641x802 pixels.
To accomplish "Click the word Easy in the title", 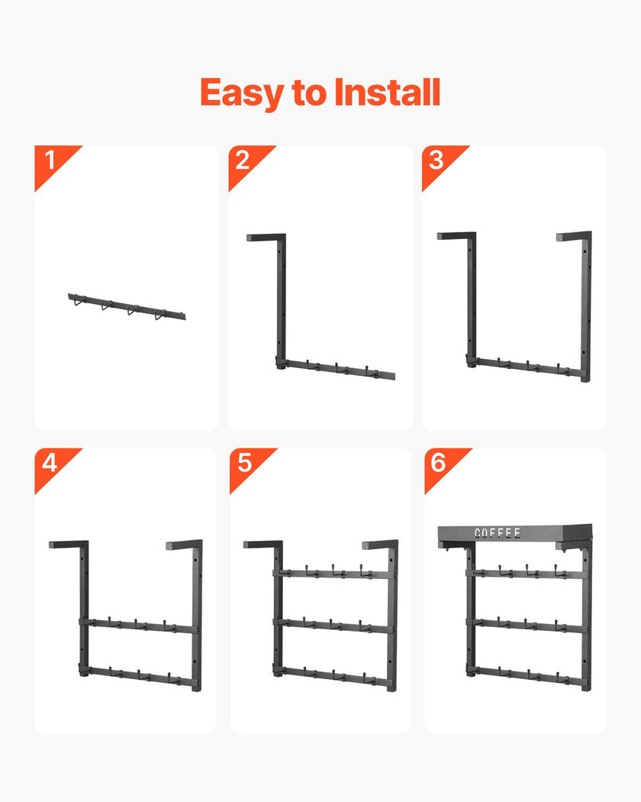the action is [x=243, y=94].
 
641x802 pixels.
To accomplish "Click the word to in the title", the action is [x=309, y=94].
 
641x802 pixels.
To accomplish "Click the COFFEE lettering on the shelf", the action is [x=498, y=533].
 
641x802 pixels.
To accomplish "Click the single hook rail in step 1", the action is [x=127, y=306].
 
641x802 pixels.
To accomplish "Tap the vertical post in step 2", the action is [x=281, y=302].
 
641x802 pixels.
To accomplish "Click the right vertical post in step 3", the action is [x=586, y=307].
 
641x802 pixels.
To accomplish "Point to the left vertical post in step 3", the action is [x=472, y=299].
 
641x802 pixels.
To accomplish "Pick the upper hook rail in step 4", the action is [x=139, y=626].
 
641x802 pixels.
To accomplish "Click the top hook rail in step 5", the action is [x=335, y=574].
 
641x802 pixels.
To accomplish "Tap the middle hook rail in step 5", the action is [x=335, y=626].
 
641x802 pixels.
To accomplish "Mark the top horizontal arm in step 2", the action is [x=266, y=238].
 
